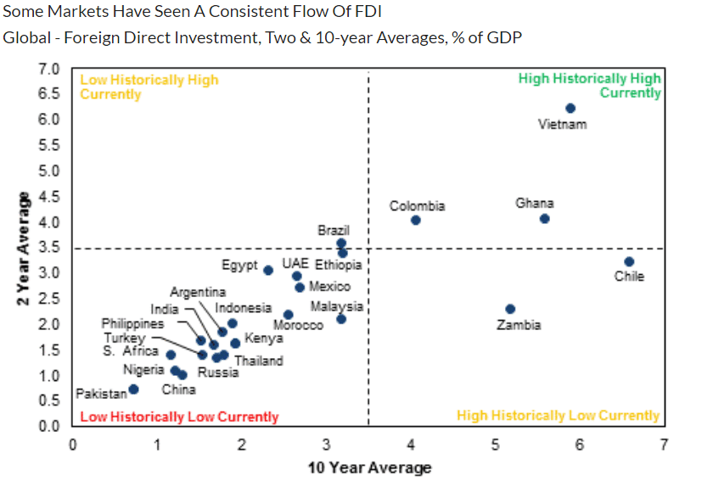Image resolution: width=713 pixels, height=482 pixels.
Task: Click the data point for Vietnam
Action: [570, 108]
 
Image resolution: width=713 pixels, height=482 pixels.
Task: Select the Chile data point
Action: [629, 261]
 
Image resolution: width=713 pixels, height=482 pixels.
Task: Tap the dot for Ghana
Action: [544, 218]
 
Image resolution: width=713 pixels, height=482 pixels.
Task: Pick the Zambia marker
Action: [510, 309]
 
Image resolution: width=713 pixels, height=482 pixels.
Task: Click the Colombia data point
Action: [416, 220]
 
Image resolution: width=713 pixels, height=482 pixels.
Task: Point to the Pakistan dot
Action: [133, 390]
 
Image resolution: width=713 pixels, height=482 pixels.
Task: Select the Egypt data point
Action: [268, 270]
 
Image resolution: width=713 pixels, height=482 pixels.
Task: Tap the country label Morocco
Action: [298, 326]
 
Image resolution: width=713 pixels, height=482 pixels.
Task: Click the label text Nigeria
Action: [143, 369]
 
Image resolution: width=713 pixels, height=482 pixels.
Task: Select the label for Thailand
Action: [259, 361]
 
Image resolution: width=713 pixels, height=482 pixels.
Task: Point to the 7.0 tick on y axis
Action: [48, 68]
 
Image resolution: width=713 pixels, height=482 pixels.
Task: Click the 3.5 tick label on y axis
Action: [48, 248]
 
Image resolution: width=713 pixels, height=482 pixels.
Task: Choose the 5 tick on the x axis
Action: [495, 444]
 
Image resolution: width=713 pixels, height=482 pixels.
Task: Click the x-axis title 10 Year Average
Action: [368, 468]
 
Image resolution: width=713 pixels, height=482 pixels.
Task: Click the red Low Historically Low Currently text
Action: [178, 417]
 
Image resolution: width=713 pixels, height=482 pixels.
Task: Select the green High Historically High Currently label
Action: [589, 86]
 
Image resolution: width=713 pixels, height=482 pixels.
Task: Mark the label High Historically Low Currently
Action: [558, 415]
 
